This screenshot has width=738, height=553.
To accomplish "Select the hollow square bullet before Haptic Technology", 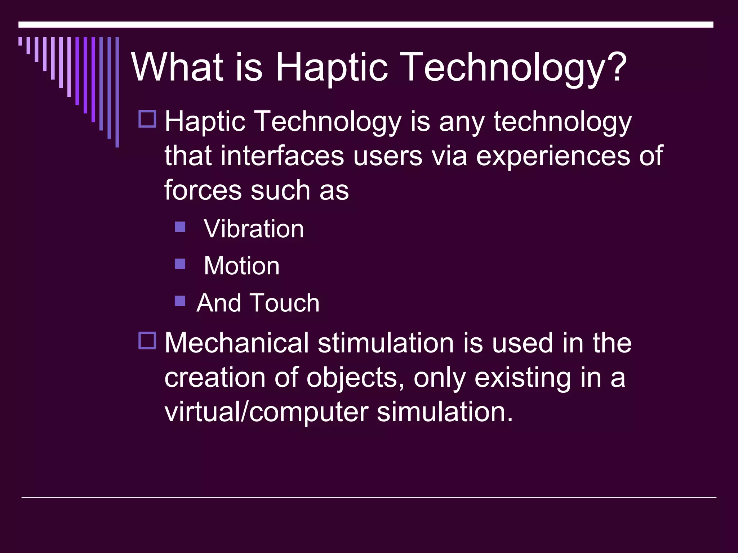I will click(x=147, y=119).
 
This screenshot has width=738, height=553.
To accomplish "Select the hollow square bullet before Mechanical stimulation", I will click(x=147, y=341).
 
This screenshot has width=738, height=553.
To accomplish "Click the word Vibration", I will click(x=254, y=229).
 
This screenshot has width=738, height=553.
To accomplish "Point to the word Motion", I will click(x=241, y=266).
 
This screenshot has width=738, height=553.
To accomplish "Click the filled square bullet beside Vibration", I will click(x=180, y=227).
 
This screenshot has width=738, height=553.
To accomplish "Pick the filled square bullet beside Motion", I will click(x=180, y=264).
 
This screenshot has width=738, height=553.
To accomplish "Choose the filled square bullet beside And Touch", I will click(x=180, y=301).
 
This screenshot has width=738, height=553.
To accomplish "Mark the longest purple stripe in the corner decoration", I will click(x=117, y=92).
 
